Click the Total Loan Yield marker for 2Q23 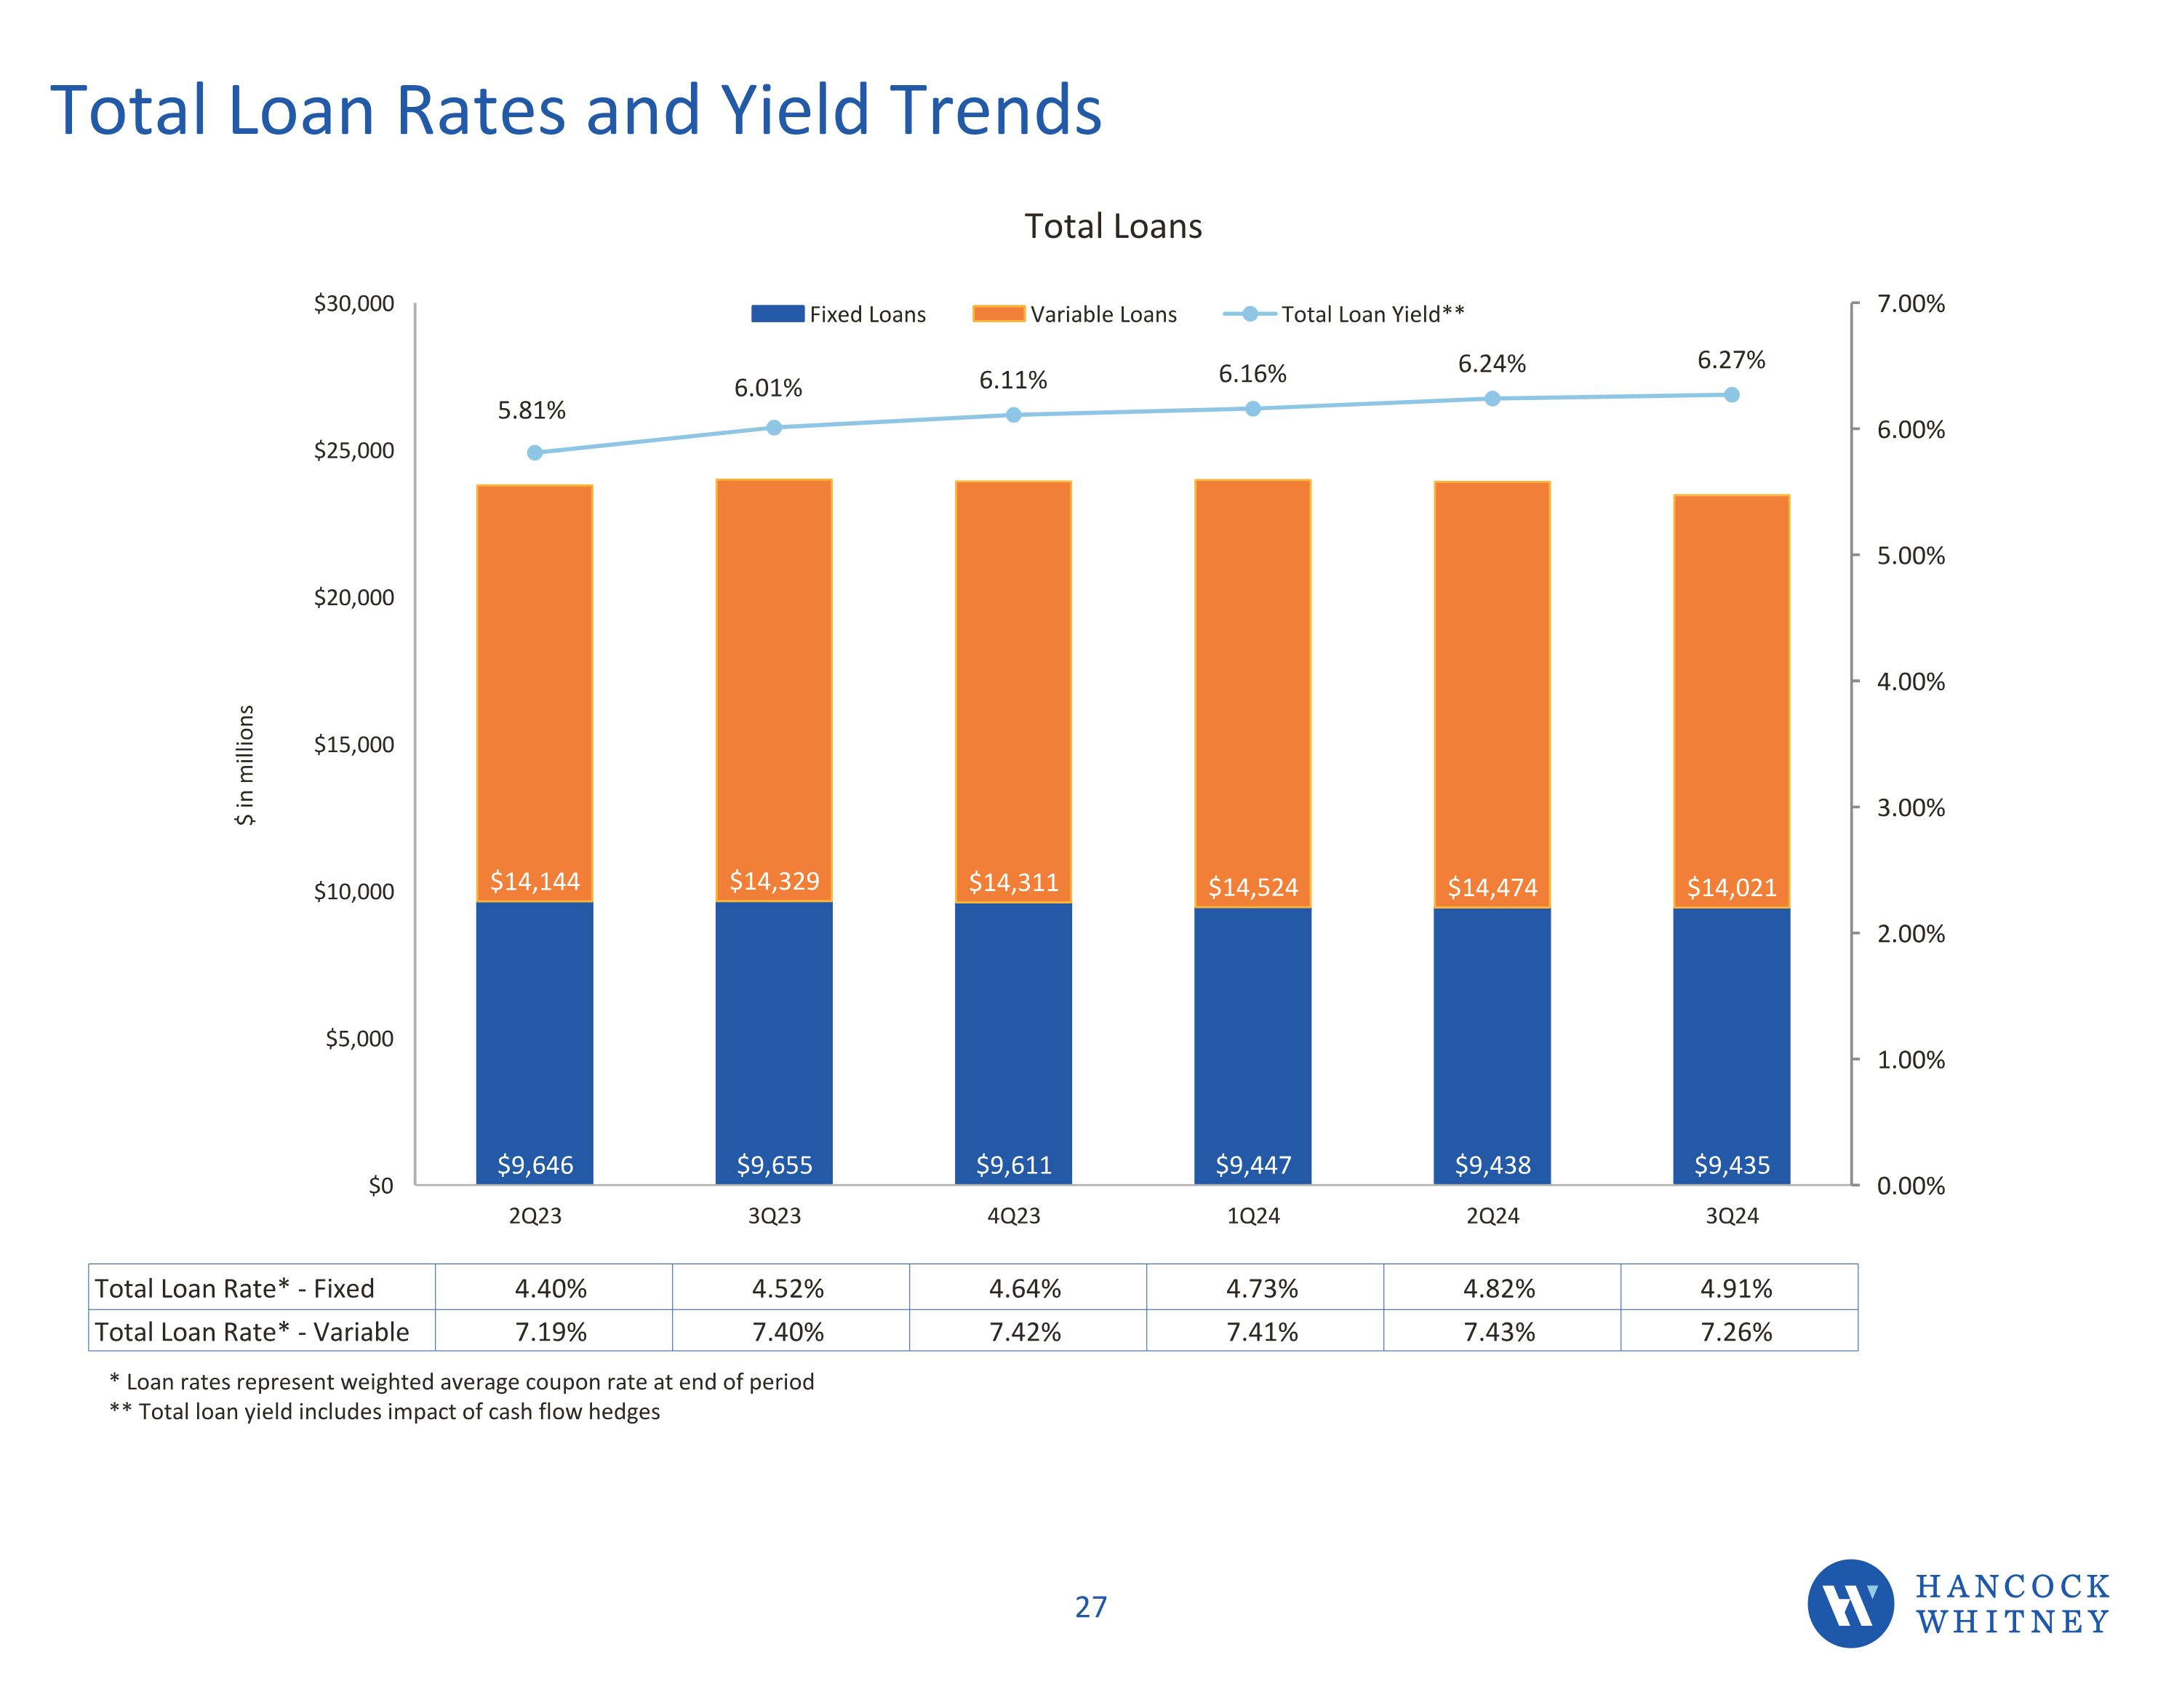tap(535, 452)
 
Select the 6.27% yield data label tap(1730, 360)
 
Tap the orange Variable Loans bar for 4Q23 tap(1013, 679)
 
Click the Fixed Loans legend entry tap(839, 314)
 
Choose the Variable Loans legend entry tap(1075, 314)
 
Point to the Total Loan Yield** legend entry tap(1344, 314)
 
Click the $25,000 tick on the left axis tap(353, 451)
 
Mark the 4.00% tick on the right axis tap(1910, 682)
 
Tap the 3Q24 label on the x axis tap(1731, 1216)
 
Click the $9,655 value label tap(775, 1165)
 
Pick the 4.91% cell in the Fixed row tap(1736, 1288)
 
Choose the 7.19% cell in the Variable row tap(551, 1332)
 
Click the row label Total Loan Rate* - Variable tap(252, 1332)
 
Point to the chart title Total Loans tap(1113, 227)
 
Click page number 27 tap(1091, 1607)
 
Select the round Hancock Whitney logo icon tap(1850, 1604)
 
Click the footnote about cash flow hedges tap(385, 1412)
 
